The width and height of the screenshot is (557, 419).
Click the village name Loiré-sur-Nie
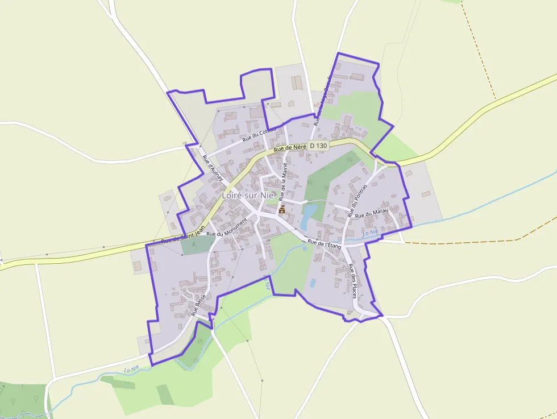248,195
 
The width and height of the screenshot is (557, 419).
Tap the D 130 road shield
319,146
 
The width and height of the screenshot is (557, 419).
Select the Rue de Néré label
290,148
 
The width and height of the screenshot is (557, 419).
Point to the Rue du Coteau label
259,134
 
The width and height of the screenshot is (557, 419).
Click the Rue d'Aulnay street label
213,168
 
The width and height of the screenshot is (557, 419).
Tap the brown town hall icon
282,210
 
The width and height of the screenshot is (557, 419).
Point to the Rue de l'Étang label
324,243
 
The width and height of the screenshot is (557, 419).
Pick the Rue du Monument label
227,226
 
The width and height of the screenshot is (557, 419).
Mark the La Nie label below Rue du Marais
370,232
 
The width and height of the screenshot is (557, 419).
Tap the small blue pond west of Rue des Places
313,283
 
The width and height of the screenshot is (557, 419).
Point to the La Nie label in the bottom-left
131,369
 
